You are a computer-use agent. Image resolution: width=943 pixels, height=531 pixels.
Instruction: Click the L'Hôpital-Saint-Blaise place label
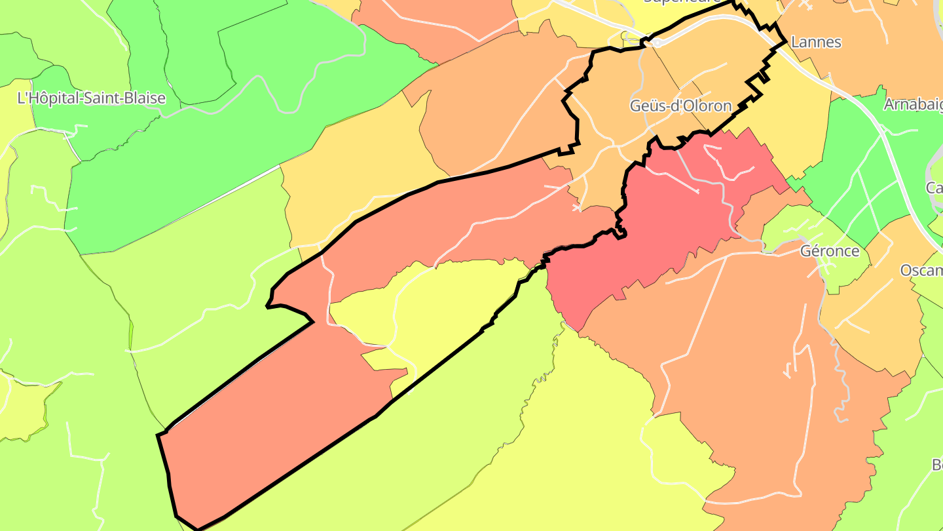(91, 99)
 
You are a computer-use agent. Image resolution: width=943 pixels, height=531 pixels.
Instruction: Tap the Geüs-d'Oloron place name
(680, 106)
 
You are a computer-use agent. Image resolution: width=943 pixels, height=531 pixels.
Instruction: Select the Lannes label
(816, 42)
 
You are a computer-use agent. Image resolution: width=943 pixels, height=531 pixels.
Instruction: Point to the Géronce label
(830, 251)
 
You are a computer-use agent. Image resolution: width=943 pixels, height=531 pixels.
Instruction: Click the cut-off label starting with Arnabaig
(913, 105)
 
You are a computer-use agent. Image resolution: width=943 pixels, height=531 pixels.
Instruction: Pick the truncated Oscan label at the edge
(921, 270)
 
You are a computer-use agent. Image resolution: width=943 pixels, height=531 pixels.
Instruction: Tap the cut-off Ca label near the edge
(934, 188)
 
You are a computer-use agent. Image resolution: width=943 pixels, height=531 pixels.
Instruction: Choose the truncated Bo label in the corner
(936, 465)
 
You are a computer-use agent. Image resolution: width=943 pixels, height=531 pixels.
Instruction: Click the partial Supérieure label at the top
(682, 2)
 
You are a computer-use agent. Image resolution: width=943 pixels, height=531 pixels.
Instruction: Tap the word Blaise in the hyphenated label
(143, 99)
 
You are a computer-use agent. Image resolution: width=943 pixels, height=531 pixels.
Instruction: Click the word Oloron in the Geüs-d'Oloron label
(707, 106)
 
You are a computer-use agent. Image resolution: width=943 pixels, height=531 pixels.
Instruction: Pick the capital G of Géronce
(806, 251)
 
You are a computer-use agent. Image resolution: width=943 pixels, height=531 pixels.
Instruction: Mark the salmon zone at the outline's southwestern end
(275, 420)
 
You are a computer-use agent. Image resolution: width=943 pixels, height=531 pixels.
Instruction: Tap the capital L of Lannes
(795, 42)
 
